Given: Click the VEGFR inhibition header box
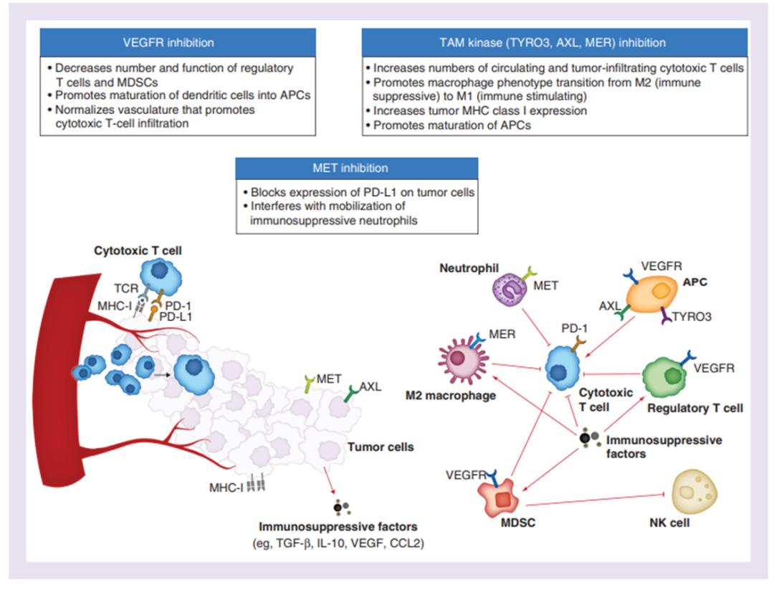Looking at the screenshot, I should pyautogui.click(x=178, y=43).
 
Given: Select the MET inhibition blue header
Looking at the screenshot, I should pyautogui.click(x=357, y=168).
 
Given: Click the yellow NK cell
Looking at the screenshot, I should pyautogui.click(x=692, y=491).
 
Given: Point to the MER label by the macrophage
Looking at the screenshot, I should pyautogui.click(x=502, y=334).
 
